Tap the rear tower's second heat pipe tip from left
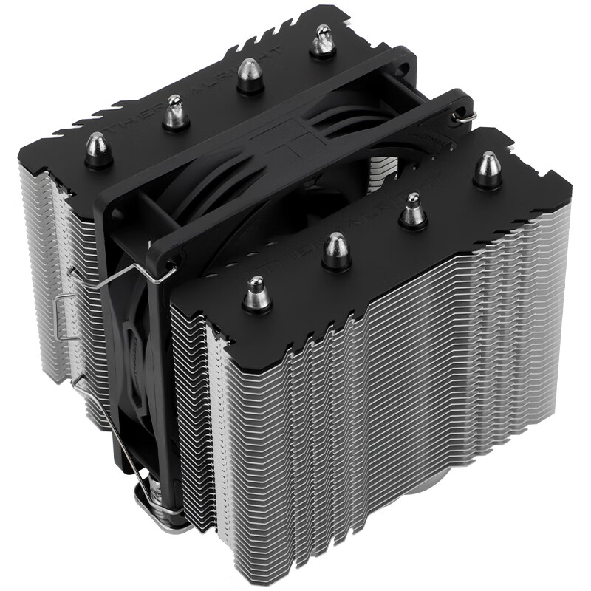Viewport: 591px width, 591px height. (x=175, y=112)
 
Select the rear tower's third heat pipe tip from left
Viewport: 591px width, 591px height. (x=250, y=75)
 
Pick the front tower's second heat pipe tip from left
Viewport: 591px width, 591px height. (x=335, y=251)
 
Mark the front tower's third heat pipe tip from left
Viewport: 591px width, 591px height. (x=412, y=210)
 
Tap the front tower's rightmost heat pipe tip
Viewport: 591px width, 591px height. (x=488, y=169)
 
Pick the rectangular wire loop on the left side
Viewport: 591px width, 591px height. (x=65, y=318)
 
